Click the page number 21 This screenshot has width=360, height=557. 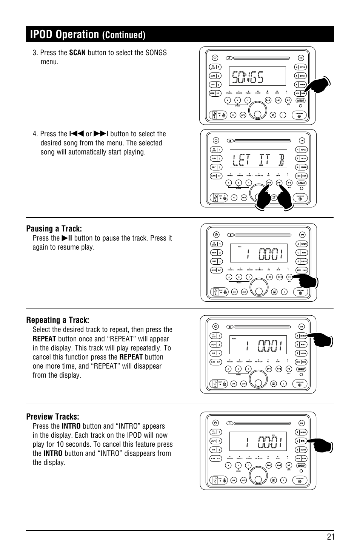(x=331, y=537)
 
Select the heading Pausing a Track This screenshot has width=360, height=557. (x=54, y=228)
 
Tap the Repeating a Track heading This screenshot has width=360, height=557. (x=58, y=320)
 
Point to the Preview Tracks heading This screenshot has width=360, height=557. (x=53, y=417)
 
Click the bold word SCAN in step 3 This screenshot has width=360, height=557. (x=77, y=53)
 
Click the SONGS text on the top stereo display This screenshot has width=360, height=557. (x=248, y=77)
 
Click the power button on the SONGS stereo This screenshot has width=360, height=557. (x=214, y=58)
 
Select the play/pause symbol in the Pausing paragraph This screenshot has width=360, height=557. (x=67, y=238)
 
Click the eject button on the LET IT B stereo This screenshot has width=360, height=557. (x=231, y=140)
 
